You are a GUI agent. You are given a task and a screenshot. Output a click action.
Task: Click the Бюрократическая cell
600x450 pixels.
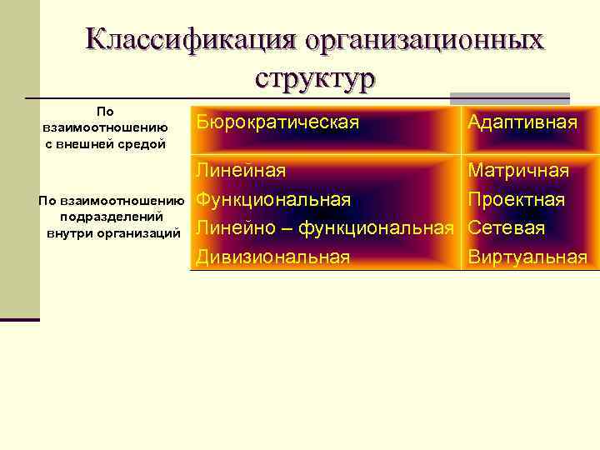(278, 122)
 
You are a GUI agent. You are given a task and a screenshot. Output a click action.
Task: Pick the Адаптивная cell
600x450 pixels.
(522, 122)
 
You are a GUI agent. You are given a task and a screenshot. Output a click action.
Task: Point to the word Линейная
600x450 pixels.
(242, 171)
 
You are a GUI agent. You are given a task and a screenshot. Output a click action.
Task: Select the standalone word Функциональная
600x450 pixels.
(273, 200)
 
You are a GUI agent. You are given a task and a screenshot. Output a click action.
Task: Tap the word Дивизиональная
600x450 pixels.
(273, 257)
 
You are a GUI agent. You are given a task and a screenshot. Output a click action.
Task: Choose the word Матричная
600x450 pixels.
(518, 171)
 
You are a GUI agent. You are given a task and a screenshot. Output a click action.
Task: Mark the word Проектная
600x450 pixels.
(517, 200)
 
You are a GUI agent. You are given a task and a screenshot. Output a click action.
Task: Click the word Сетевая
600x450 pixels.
(507, 228)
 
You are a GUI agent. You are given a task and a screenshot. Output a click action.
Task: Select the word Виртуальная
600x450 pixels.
(527, 257)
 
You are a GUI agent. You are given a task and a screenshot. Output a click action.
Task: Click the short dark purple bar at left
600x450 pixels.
(19, 319)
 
